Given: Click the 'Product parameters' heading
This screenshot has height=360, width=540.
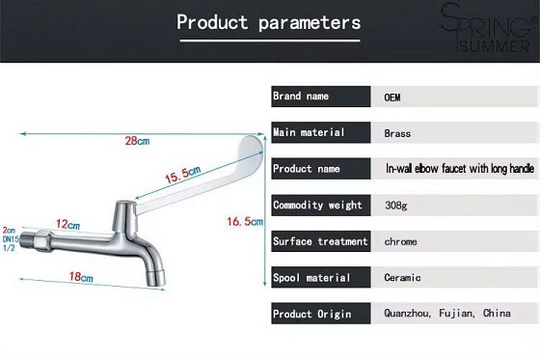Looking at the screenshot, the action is [269, 23].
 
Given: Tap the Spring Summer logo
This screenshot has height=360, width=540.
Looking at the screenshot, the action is [490, 28].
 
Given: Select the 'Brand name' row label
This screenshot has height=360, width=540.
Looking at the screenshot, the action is [301, 96].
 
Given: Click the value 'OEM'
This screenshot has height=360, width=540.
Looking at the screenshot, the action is [392, 97].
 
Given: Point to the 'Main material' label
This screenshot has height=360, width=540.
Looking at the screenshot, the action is [309, 132].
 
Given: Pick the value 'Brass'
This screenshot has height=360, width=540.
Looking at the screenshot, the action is [397, 133].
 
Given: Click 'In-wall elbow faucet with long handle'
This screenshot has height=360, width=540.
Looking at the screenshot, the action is [460, 168].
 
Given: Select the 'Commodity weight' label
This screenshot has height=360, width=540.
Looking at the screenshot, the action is [317, 205].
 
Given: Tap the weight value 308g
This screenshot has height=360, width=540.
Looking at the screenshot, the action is [396, 206].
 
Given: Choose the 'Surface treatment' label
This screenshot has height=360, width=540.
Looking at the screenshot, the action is [320, 241].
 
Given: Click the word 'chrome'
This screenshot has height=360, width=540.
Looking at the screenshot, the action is [400, 241].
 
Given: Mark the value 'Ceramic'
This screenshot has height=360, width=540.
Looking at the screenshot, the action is [402, 277].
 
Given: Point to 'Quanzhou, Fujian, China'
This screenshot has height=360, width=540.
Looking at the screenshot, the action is [447, 313].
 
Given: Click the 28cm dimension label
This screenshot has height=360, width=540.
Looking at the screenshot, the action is [137, 141].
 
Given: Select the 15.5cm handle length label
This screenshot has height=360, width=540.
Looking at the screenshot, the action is [182, 175].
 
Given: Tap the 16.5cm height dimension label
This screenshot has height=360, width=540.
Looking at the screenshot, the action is [245, 221].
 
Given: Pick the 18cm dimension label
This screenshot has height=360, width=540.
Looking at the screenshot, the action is [81, 277].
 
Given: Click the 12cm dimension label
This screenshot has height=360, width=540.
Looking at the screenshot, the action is [67, 225].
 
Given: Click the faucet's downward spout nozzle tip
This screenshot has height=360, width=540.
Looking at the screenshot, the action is [156, 279].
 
